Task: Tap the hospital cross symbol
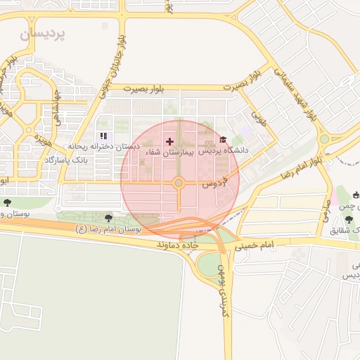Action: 169,141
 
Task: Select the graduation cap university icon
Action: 224,140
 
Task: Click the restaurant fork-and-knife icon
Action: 103,136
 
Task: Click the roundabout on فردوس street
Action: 179,184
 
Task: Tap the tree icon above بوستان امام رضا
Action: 108,218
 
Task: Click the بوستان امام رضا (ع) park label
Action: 108,229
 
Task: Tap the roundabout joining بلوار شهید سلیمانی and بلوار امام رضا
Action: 324,139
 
